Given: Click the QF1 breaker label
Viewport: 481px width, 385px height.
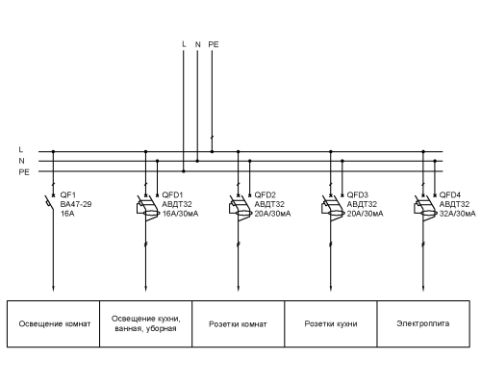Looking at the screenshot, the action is point(68,194).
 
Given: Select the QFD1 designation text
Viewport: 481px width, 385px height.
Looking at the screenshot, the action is point(172,194).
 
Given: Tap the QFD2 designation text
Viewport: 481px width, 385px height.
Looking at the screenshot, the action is point(266,194).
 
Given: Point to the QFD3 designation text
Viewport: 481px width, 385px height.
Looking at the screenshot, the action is point(358,194).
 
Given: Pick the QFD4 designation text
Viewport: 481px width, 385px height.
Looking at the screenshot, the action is point(450,194).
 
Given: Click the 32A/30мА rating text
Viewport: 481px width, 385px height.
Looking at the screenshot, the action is point(458,214).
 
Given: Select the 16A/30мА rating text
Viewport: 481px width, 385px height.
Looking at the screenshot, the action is point(180,214).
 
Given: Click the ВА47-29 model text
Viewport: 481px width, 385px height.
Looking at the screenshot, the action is point(76,204).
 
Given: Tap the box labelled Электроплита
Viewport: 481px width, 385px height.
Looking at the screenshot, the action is point(423,323).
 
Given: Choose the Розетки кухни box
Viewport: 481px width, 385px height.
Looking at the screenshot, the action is point(331,323).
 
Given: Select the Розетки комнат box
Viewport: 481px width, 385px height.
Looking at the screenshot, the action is point(239,323).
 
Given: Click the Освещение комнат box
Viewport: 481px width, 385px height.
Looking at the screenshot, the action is point(53,323).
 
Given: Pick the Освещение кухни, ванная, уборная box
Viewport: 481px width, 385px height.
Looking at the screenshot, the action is point(146,323).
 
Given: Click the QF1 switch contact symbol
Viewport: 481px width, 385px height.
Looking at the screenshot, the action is point(50,202).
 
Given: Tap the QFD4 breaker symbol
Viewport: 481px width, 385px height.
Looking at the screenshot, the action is point(425,208).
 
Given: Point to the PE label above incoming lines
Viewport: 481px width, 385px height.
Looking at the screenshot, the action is point(214,44).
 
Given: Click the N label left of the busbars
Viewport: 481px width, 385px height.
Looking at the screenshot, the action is point(21,161).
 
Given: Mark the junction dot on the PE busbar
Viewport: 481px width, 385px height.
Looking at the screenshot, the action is point(184,171).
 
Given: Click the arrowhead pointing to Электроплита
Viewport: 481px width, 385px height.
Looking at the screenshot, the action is point(423,288).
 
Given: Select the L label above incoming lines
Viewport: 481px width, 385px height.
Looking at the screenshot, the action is point(184,44).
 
